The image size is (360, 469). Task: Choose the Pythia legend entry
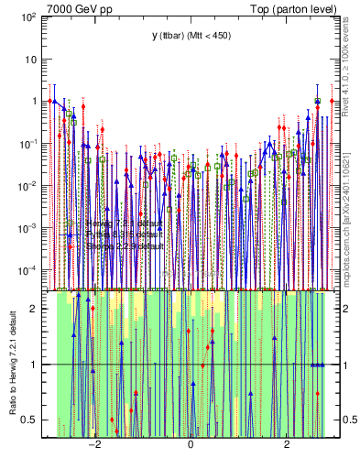(125, 235)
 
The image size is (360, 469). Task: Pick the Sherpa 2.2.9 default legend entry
(125, 246)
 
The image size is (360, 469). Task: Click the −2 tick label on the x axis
(93, 445)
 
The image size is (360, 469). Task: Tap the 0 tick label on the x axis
(191, 445)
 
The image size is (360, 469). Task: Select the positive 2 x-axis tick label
(288, 445)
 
